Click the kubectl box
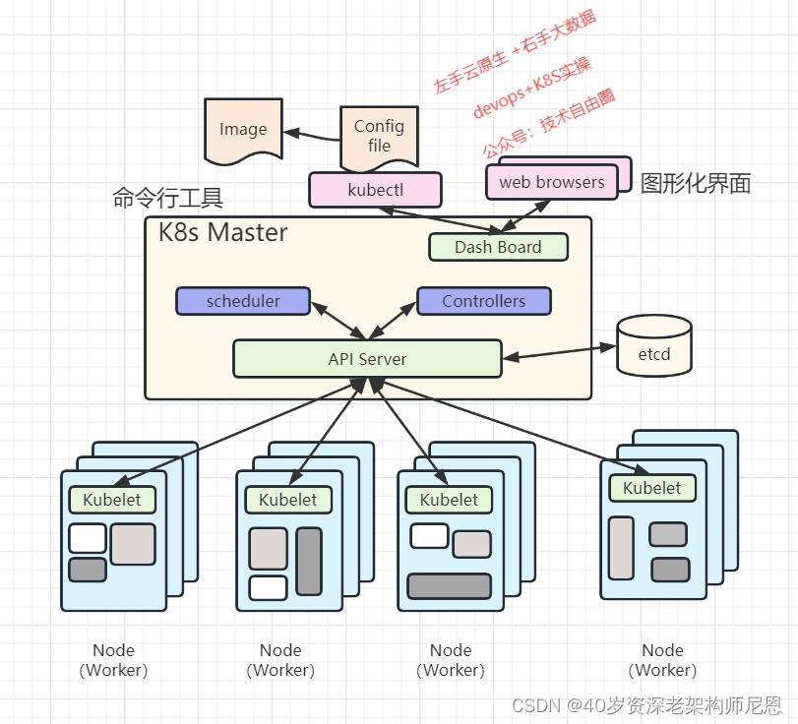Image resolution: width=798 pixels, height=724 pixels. pos(375,190)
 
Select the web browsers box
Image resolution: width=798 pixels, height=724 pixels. pos(551,182)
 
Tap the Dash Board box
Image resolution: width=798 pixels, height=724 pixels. pos(498,247)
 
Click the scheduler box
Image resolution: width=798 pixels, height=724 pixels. pos(243,301)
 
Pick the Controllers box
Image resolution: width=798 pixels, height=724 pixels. pos(483,301)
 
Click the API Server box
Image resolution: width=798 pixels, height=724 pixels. pos(367,359)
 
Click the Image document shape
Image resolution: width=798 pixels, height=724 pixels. pos(243,130)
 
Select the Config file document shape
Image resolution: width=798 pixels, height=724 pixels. pos(379,136)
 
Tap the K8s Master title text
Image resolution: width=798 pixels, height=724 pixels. pos(223,233)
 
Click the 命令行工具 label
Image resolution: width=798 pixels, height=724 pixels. pos(168,199)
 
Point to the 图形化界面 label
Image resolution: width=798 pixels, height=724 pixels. pos(696,183)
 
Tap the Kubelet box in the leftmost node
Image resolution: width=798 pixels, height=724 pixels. pos(111,500)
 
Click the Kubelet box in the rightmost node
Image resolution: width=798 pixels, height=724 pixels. pos(651,488)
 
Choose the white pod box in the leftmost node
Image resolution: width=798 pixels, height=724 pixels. pos(88,538)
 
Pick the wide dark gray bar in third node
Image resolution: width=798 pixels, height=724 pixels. pos(449,586)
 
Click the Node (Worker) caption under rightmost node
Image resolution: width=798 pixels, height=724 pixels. pos(662,660)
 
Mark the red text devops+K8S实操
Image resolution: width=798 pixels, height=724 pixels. pos(531,89)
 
